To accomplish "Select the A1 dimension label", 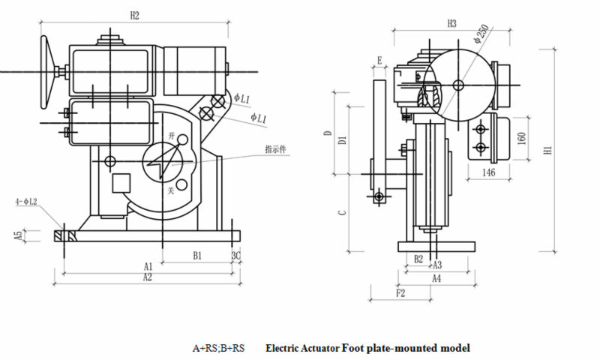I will (x=148, y=266).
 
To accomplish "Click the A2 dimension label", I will (x=148, y=277).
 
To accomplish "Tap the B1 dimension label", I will (x=197, y=256).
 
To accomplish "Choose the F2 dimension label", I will (x=400, y=293).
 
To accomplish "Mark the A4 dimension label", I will (x=436, y=278).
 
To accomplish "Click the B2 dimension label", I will (x=418, y=259).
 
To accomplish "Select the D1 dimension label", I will (x=341, y=139).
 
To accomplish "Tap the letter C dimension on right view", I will (x=342, y=212).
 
